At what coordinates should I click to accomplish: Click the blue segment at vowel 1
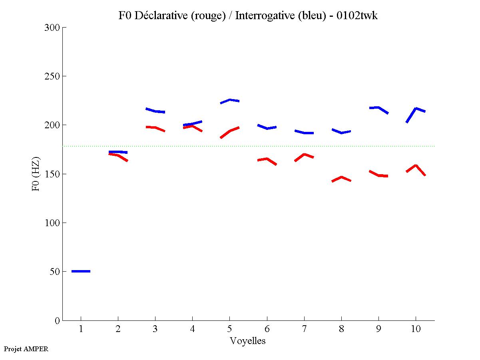click(x=81, y=271)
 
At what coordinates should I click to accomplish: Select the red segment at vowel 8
click(x=341, y=177)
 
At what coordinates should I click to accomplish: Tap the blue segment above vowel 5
click(x=230, y=100)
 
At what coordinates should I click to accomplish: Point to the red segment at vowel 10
click(x=416, y=166)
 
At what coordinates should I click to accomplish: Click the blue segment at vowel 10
click(x=416, y=109)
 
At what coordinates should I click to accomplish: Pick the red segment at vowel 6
click(x=267, y=159)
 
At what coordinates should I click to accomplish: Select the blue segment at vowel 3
click(x=155, y=111)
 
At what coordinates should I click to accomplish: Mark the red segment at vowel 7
click(x=304, y=155)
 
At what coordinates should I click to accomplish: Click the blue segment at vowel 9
click(x=378, y=108)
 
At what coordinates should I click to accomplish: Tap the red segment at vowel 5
click(x=230, y=131)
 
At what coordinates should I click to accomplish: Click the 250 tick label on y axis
click(x=52, y=76)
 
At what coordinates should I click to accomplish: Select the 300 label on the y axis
click(x=52, y=28)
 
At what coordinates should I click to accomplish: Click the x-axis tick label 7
click(x=304, y=330)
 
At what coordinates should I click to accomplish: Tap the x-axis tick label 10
click(x=416, y=330)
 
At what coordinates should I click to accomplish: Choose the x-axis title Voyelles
click(x=248, y=341)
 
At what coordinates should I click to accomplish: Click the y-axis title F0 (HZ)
click(x=36, y=174)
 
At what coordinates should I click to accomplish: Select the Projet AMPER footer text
click(x=26, y=349)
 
